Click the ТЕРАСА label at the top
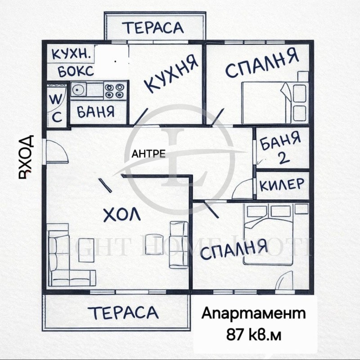point(154,27)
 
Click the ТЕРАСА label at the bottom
point(123,312)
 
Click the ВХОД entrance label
point(27,156)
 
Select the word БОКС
point(76,71)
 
